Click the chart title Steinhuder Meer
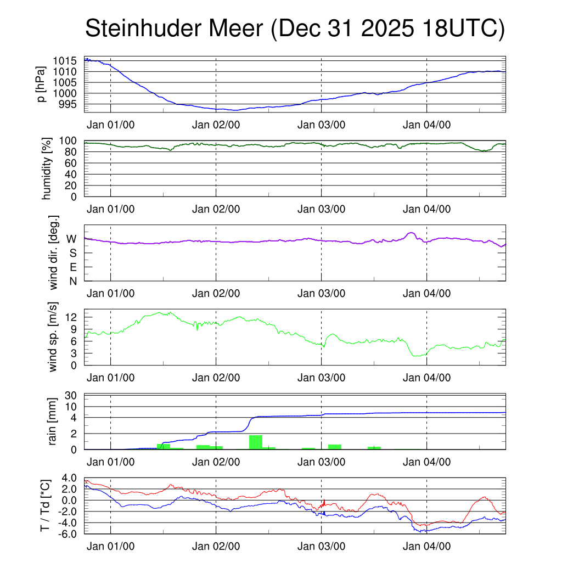pyautogui.click(x=294, y=29)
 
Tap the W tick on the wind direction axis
pyautogui.click(x=72, y=239)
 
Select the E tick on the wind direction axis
pyautogui.click(x=73, y=267)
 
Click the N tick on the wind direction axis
pyautogui.click(x=73, y=281)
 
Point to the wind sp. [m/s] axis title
pyautogui.click(x=53, y=336)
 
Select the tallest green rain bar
pyautogui.click(x=255, y=442)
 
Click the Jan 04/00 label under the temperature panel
pyautogui.click(x=426, y=547)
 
